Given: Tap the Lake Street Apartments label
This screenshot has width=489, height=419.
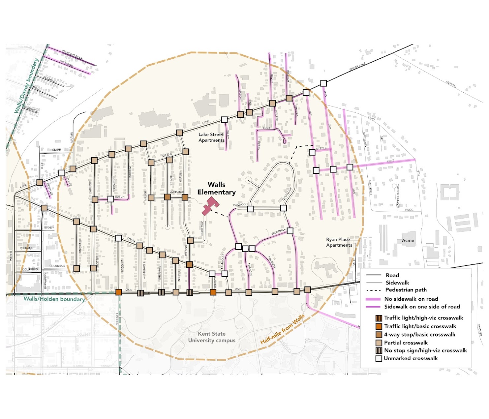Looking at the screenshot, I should click(211, 137).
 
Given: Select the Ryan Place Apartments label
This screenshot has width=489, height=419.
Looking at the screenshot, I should click(339, 242).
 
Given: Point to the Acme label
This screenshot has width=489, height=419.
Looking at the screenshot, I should click(408, 240).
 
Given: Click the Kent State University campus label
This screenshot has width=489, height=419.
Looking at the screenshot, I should click(212, 337).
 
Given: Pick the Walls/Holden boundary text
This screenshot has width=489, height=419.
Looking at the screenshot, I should click(54, 299).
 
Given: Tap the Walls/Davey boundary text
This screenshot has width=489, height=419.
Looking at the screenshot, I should click(26, 86).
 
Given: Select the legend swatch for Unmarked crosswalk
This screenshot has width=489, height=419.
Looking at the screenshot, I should click(379, 359).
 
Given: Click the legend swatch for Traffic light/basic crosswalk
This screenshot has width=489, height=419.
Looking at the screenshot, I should click(379, 326).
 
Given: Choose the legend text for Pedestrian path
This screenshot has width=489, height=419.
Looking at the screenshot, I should click(406, 290).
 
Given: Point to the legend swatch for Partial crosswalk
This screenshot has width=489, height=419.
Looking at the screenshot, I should click(379, 343).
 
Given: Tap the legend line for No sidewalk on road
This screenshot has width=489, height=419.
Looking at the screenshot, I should click(373, 299).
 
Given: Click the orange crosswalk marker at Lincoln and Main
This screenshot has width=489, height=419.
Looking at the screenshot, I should click(119, 292).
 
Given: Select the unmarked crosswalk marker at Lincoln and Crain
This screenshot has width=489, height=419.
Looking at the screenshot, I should click(118, 238).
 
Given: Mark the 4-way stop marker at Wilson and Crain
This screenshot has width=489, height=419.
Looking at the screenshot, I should click(189, 264).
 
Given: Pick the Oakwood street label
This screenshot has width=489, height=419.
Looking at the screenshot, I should click(240, 205).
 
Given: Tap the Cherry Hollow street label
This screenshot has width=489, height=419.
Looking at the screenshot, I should click(398, 196).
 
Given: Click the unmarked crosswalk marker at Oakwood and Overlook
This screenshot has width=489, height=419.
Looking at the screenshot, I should click(283, 208).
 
